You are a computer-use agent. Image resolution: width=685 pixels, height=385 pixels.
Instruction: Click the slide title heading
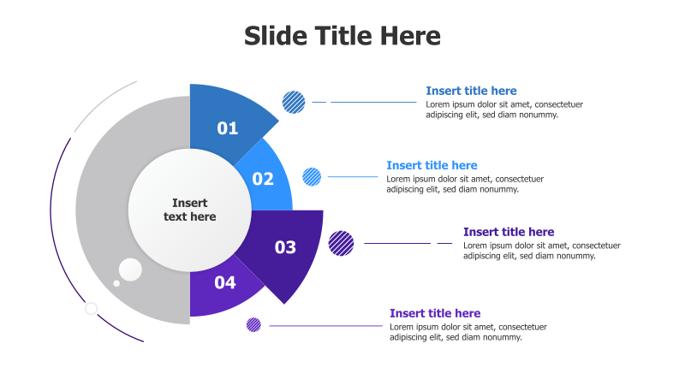[342, 36]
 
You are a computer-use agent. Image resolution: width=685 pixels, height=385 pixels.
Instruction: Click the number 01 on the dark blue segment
[228, 128]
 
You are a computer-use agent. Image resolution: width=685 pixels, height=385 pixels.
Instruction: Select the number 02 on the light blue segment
[263, 179]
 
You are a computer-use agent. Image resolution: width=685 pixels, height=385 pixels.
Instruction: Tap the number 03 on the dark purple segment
[285, 247]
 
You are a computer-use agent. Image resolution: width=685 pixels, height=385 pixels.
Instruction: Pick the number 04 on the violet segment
[225, 281]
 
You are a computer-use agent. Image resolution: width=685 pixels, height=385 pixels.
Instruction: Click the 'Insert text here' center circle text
[190, 210]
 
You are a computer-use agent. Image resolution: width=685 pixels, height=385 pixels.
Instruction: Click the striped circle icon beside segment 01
[294, 102]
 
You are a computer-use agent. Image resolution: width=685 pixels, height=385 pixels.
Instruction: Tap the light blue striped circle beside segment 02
[312, 177]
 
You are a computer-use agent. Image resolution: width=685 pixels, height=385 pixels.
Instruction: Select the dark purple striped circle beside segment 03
[341, 243]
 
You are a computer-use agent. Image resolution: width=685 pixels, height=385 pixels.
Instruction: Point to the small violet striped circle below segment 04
[253, 325]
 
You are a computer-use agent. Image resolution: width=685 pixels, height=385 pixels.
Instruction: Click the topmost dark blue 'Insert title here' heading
[471, 91]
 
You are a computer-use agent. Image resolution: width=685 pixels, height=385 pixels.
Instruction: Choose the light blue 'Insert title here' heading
[432, 165]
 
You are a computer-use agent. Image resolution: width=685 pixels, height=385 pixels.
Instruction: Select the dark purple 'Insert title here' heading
[509, 232]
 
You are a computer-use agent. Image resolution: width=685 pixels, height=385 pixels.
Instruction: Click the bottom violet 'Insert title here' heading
[435, 313]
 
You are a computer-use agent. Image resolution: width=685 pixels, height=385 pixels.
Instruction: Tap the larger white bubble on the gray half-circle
[130, 269]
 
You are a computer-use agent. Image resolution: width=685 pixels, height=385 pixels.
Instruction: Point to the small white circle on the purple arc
[91, 308]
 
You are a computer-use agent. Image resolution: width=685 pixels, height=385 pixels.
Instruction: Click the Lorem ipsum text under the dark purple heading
[541, 250]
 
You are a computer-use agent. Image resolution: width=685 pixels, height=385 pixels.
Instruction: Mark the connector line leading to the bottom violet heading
[325, 325]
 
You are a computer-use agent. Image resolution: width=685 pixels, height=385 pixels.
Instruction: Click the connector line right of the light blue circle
[352, 177]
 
